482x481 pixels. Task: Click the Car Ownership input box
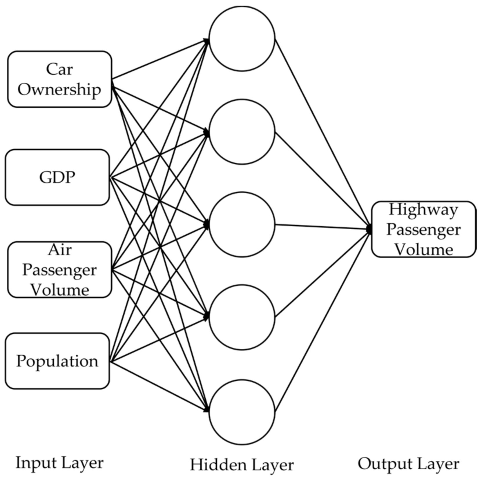point(59,79)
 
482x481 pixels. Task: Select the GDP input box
point(57,177)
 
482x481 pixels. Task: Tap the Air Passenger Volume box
point(59,270)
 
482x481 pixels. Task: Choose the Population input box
point(57,361)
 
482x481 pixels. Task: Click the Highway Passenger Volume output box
point(424,229)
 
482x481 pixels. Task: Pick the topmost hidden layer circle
point(242,39)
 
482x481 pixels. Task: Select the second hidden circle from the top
point(242,132)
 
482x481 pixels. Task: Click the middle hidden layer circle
point(242,224)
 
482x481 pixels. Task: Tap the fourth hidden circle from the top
point(242,317)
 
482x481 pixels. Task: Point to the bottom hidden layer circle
point(242,412)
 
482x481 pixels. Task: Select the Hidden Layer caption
point(242,464)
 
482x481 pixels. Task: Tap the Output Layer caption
point(408,463)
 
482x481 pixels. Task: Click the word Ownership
point(59,89)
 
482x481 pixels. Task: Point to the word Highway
point(423,209)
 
